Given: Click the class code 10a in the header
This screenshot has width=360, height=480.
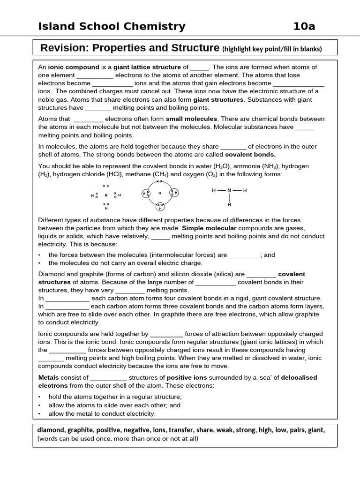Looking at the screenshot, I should [304, 26].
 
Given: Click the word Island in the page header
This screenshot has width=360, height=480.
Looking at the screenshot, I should [54, 26].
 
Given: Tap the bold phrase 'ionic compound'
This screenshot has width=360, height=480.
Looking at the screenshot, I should [74, 67].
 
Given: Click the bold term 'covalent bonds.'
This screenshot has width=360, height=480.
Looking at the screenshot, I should [250, 154].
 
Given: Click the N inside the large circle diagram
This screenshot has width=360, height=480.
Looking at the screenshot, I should [160, 193].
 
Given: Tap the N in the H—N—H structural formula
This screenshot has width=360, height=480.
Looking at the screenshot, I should [229, 190].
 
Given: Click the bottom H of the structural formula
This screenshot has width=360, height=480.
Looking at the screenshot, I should [229, 205].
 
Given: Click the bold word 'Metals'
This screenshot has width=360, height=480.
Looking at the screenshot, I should [48, 377].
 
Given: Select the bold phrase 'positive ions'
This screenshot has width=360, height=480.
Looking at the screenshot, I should [187, 377].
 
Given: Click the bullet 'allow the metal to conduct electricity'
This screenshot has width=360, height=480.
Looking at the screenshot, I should [102, 413].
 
